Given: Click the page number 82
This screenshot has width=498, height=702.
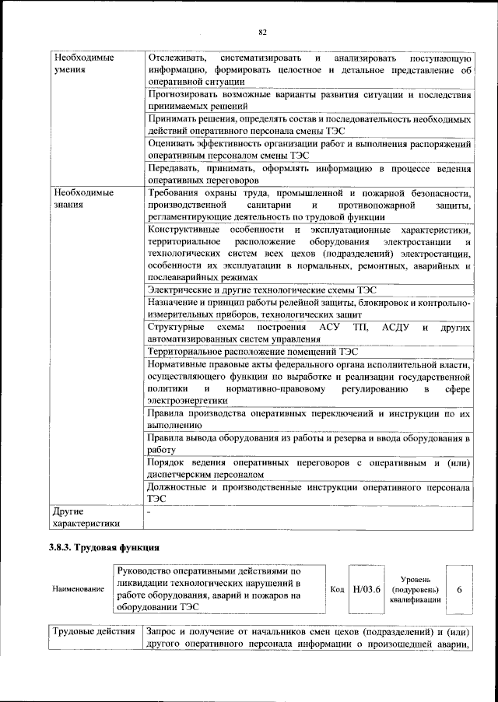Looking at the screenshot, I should (262, 32).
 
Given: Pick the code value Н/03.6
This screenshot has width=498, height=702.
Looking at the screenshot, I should (366, 589).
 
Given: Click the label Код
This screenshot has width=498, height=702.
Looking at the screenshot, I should (337, 589).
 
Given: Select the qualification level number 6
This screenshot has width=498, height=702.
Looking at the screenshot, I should (459, 589).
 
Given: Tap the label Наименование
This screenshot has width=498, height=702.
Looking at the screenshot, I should (78, 589).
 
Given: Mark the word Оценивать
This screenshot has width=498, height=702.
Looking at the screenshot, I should (173, 144).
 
